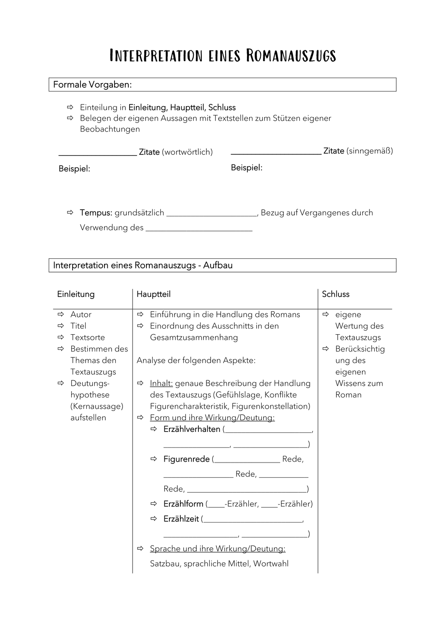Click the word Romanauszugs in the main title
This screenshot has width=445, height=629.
tap(291, 56)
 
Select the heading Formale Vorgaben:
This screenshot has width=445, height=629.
tap(92, 85)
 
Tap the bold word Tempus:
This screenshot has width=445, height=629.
tap(96, 213)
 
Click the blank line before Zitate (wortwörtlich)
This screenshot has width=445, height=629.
tap(98, 154)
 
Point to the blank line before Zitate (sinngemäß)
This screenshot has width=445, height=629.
tap(276, 153)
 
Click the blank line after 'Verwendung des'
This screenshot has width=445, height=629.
tap(199, 230)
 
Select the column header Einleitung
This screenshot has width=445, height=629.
tap(76, 294)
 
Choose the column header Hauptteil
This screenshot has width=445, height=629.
tap(154, 294)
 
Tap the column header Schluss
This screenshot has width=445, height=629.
tap(336, 294)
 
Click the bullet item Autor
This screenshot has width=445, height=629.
tap(81, 314)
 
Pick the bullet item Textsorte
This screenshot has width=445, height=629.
tap(88, 337)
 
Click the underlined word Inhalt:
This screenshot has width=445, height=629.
tap(161, 383)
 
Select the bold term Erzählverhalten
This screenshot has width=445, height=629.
tap(192, 429)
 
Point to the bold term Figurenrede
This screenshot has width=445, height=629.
tap(186, 459)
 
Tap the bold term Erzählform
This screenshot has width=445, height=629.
tap(183, 504)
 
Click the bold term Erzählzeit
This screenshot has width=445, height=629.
tap(181, 519)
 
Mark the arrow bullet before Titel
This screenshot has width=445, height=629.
tap(61, 326)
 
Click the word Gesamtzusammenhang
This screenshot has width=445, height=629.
tap(194, 337)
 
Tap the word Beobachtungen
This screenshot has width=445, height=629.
tap(110, 129)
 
